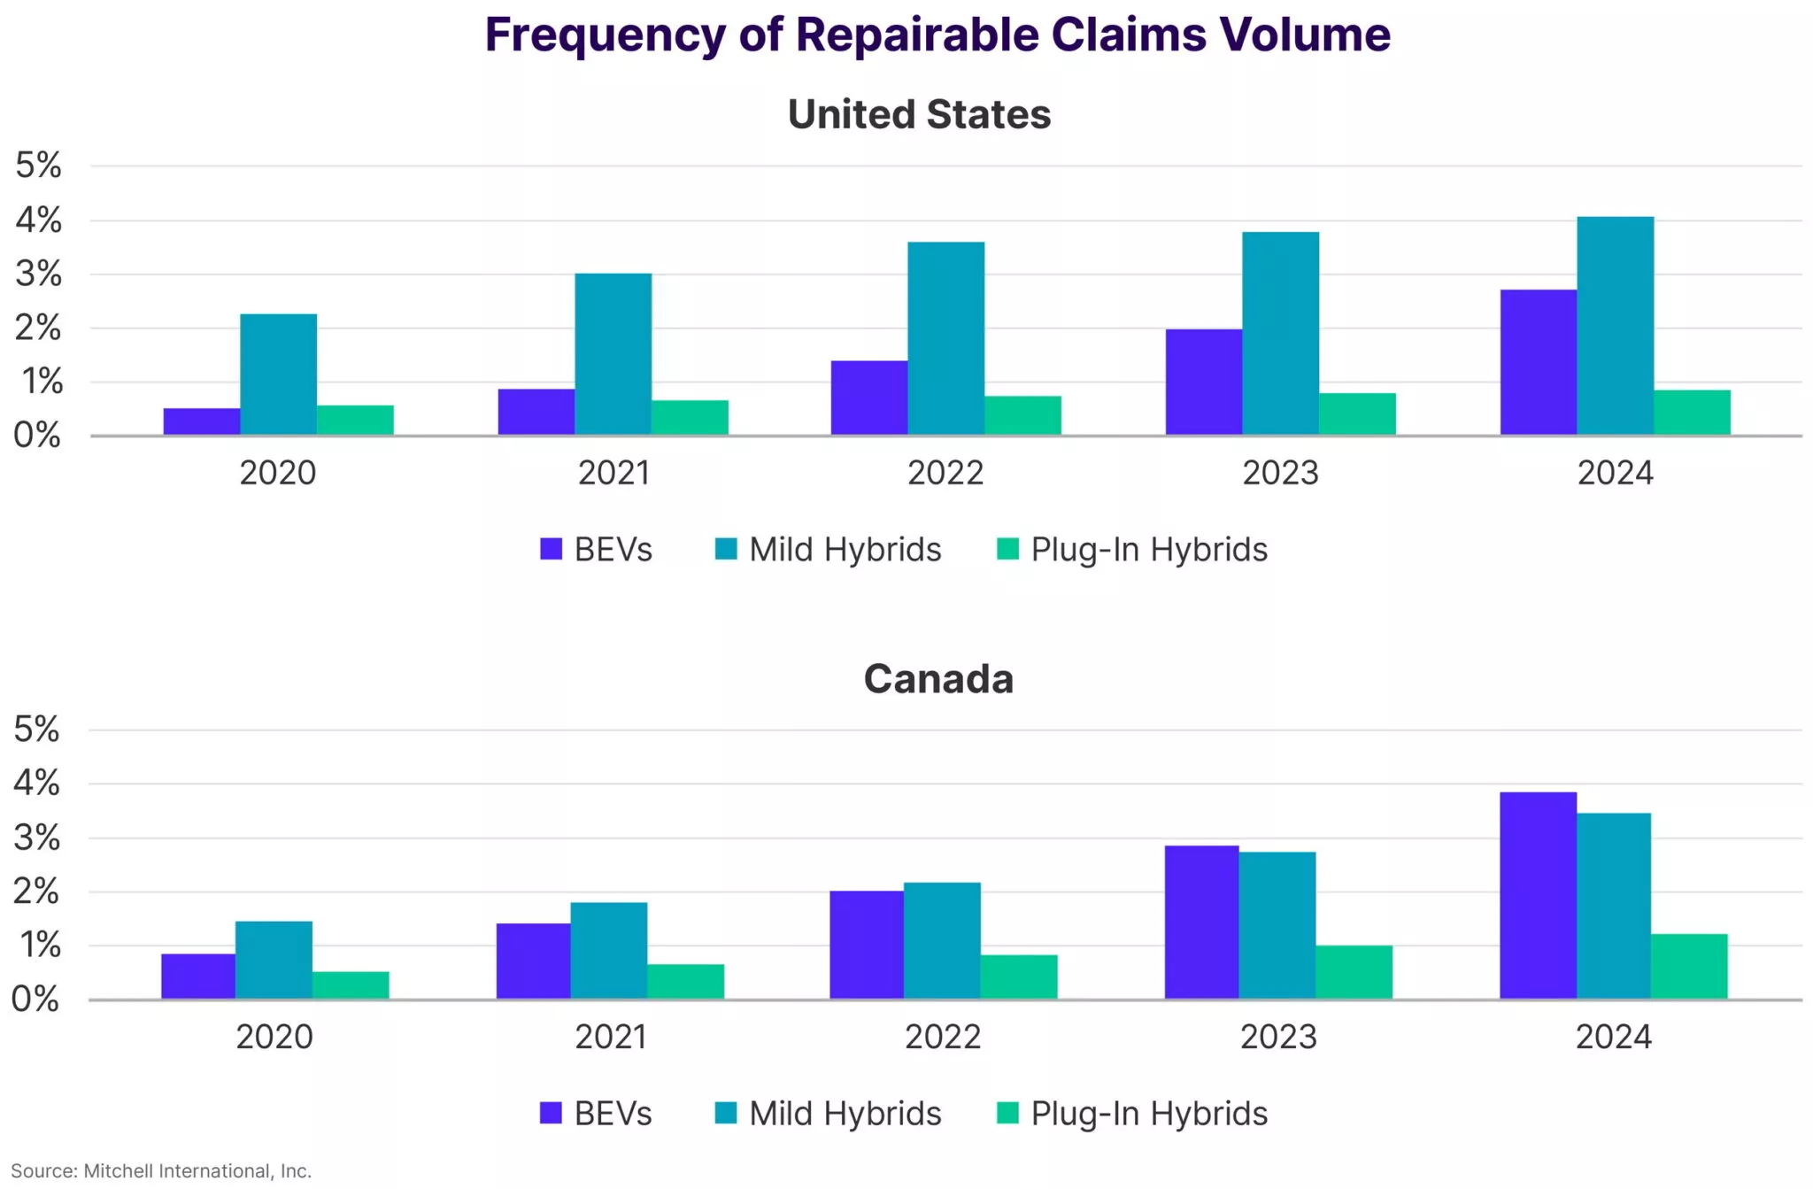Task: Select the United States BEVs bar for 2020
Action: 202,421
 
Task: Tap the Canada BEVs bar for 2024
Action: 1538,895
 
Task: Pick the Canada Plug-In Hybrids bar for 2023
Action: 1354,972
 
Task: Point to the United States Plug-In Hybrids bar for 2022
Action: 1022,415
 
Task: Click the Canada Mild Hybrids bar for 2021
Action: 608,950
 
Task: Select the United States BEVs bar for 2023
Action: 1203,382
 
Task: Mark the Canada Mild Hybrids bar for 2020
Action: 274,960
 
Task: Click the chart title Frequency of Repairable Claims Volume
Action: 937,35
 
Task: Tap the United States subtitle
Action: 919,114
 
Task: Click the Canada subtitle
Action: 938,679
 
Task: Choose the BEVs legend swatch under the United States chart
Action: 552,549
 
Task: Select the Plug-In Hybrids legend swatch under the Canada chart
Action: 1007,1113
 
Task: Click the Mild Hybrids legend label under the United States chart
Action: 845,550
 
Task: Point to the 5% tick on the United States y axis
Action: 38,166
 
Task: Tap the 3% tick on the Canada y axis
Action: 36,838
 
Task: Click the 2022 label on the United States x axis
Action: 945,473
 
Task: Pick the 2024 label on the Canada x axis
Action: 1613,1037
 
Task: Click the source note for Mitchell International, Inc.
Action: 161,1171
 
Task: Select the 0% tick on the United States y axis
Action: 37,436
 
